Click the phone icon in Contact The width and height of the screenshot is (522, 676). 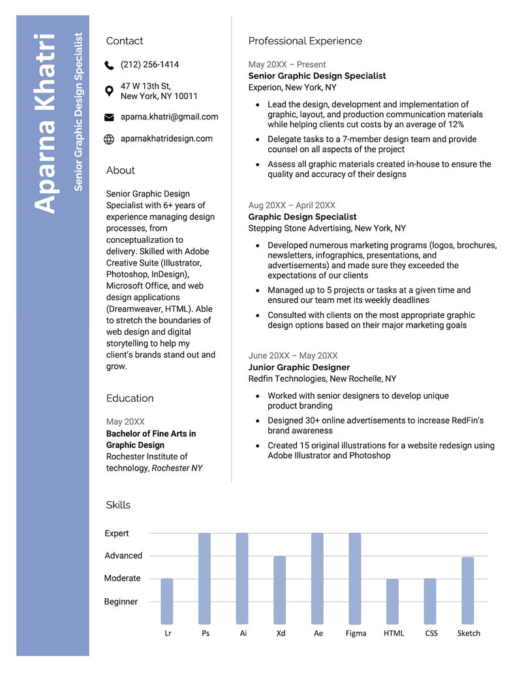[109, 65]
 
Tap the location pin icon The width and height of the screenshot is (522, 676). [109, 91]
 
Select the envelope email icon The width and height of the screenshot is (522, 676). [109, 117]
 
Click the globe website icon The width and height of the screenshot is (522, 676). [109, 139]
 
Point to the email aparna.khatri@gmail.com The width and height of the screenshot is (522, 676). [169, 117]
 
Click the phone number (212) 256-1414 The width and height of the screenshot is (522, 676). [149, 65]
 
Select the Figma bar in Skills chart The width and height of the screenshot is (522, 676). [355, 578]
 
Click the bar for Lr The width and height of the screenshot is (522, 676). [167, 600]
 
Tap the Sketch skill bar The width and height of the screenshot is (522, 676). [468, 590]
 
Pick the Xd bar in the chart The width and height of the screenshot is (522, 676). [280, 590]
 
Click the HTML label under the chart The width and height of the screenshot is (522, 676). [393, 633]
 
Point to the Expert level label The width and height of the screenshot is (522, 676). [117, 533]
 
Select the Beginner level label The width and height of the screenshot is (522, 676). [121, 602]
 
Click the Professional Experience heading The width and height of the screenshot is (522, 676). [305, 41]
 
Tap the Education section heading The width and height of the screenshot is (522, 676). [130, 398]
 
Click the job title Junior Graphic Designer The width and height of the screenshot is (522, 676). [299, 367]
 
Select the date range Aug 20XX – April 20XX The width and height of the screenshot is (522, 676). [292, 206]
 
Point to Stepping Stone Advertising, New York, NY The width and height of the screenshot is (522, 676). [327, 228]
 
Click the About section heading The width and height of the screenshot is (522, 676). [120, 170]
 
